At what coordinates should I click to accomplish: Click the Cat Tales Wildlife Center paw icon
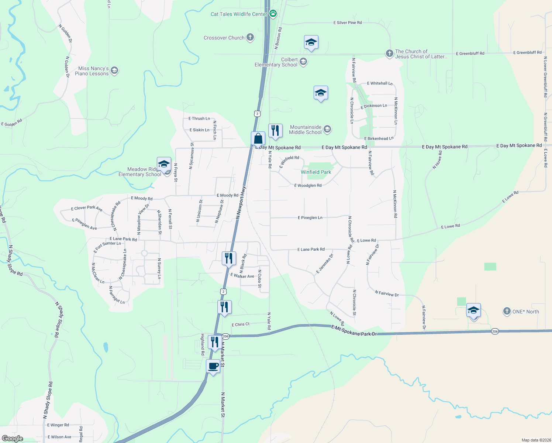[x=273, y=14]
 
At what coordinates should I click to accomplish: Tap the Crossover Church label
[x=224, y=38]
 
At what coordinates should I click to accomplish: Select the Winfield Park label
[x=316, y=172]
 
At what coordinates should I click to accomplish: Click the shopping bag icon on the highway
[x=258, y=138]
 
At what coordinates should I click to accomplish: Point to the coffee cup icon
[x=213, y=366]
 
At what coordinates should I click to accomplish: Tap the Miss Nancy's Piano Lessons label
[x=93, y=71]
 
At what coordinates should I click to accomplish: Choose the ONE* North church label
[x=525, y=312]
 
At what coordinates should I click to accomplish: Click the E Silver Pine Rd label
[x=348, y=23]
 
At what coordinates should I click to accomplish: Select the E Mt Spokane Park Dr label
[x=354, y=330]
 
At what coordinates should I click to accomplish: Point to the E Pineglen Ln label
[x=310, y=217]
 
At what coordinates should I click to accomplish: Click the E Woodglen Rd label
[x=308, y=185]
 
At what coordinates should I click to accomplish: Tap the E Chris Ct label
[x=241, y=324]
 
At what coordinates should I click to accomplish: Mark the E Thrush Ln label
[x=199, y=119]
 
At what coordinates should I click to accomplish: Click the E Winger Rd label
[x=58, y=425]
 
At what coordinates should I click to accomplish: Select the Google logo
[x=13, y=439]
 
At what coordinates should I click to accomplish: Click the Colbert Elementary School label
[x=276, y=62]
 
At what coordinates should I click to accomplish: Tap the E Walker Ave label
[x=242, y=276]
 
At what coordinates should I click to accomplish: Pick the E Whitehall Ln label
[x=380, y=83]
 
